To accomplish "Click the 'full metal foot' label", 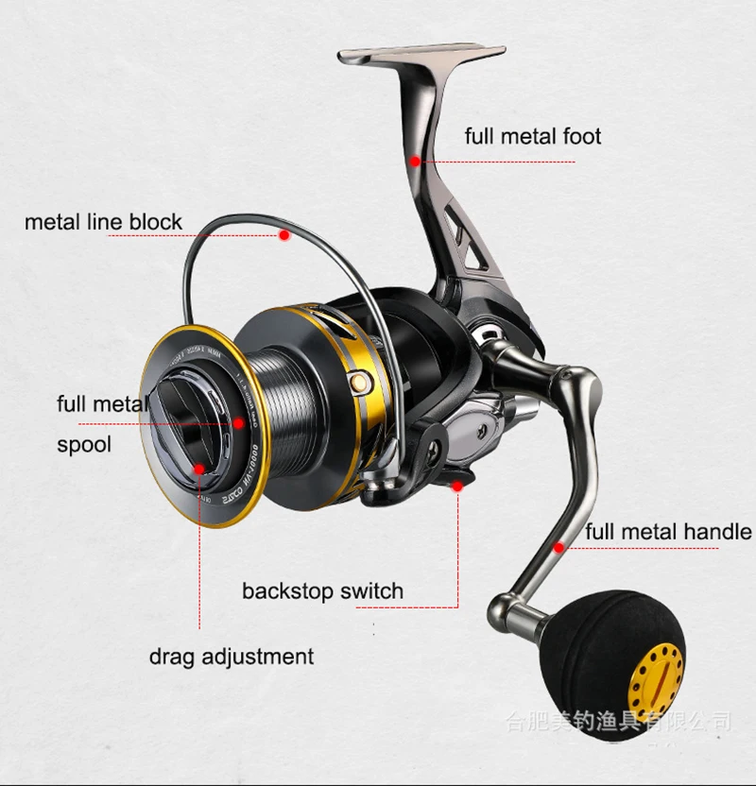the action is click(x=532, y=136).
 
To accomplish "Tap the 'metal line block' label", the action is click(x=103, y=222).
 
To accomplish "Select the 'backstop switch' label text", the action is click(x=322, y=591).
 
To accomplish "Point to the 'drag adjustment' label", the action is click(x=231, y=656).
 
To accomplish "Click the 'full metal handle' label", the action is click(x=667, y=532).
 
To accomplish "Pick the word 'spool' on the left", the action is click(x=83, y=443).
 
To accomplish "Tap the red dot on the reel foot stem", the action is click(x=415, y=162).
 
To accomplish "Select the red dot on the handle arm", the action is click(x=559, y=547).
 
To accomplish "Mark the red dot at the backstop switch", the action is click(x=458, y=486).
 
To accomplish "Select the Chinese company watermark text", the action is click(x=619, y=723).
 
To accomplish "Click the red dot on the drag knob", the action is click(x=198, y=467).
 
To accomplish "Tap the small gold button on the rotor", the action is click(x=358, y=381).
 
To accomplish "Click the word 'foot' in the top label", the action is click(x=581, y=136).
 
